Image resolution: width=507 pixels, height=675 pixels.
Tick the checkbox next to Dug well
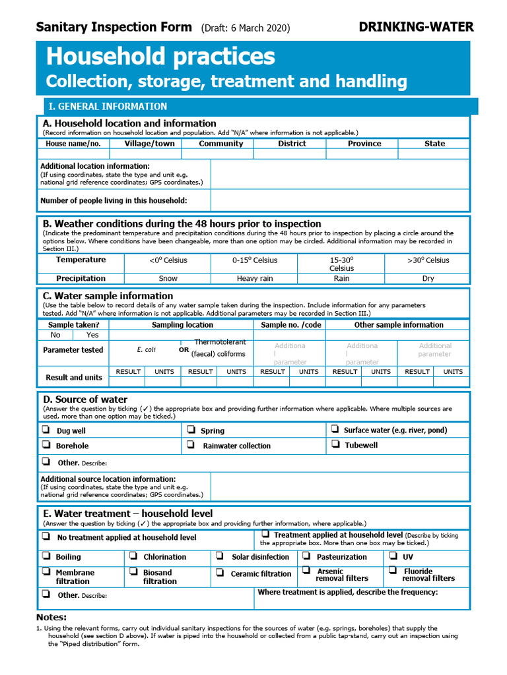[46, 430]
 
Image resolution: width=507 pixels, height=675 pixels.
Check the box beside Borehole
[46, 445]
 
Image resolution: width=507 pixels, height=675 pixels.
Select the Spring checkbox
[190, 430]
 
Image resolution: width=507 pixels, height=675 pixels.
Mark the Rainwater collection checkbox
[190, 445]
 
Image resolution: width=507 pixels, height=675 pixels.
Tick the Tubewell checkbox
[334, 444]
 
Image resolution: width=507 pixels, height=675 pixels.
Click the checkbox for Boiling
[46, 556]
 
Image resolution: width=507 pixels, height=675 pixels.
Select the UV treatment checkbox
[391, 556]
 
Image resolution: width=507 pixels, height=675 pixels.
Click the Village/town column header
[150, 144]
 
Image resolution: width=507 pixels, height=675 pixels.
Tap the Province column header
[364, 144]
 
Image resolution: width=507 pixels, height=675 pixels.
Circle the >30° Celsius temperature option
[428, 260]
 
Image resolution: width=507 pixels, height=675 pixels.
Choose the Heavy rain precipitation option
[255, 279]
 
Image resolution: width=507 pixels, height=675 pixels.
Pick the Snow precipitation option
[168, 279]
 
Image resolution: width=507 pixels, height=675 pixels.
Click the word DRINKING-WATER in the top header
[416, 27]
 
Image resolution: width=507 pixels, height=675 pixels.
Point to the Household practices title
[160, 57]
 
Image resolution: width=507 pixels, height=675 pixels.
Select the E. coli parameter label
[146, 350]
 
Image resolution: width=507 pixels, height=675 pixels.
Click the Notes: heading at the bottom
[51, 618]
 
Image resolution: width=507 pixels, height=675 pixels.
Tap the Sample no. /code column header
[291, 325]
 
